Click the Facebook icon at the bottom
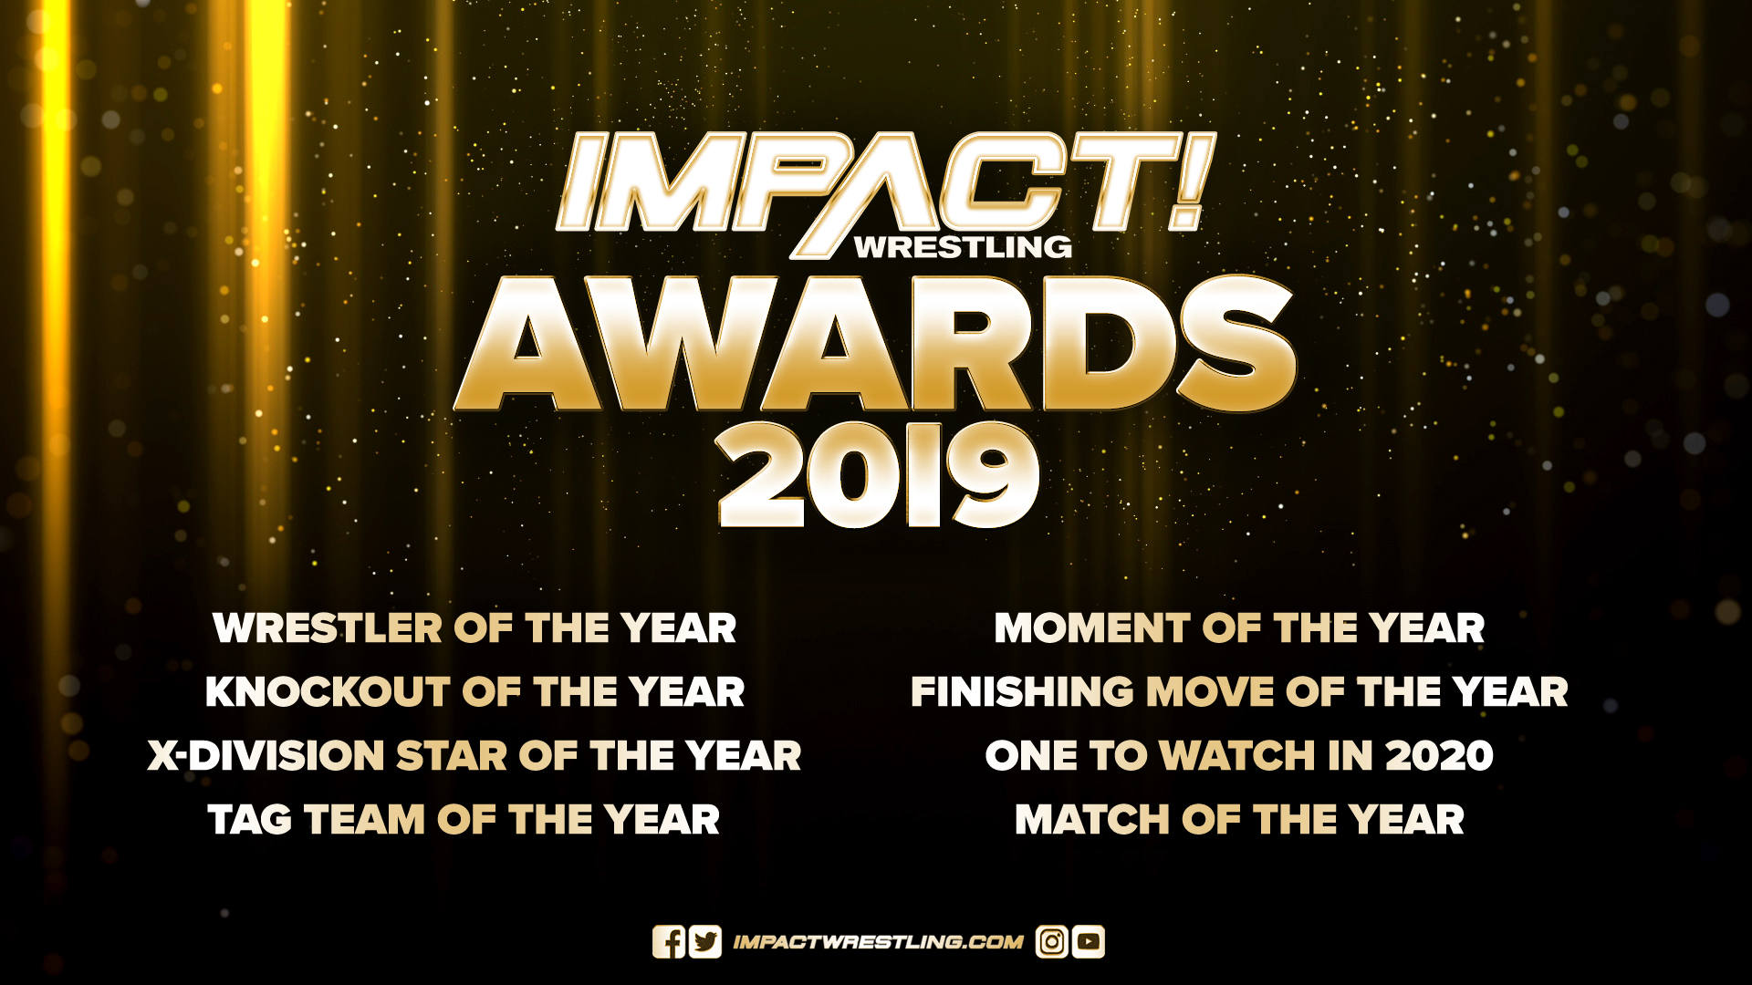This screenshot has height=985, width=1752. [x=668, y=942]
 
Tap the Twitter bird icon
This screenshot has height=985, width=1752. [x=705, y=942]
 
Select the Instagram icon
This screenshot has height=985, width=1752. [x=1051, y=942]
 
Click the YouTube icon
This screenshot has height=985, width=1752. [x=1089, y=942]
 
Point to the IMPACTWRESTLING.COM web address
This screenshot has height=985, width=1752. [x=878, y=942]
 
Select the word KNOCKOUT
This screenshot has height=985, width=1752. [x=328, y=692]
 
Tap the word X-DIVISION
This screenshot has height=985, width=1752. [x=266, y=756]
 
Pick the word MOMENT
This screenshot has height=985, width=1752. [x=1091, y=628]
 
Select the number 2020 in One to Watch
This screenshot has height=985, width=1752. [x=1439, y=756]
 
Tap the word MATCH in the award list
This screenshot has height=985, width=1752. [x=1091, y=820]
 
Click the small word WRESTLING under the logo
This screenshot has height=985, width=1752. [x=963, y=247]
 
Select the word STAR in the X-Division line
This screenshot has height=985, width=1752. [x=451, y=756]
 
